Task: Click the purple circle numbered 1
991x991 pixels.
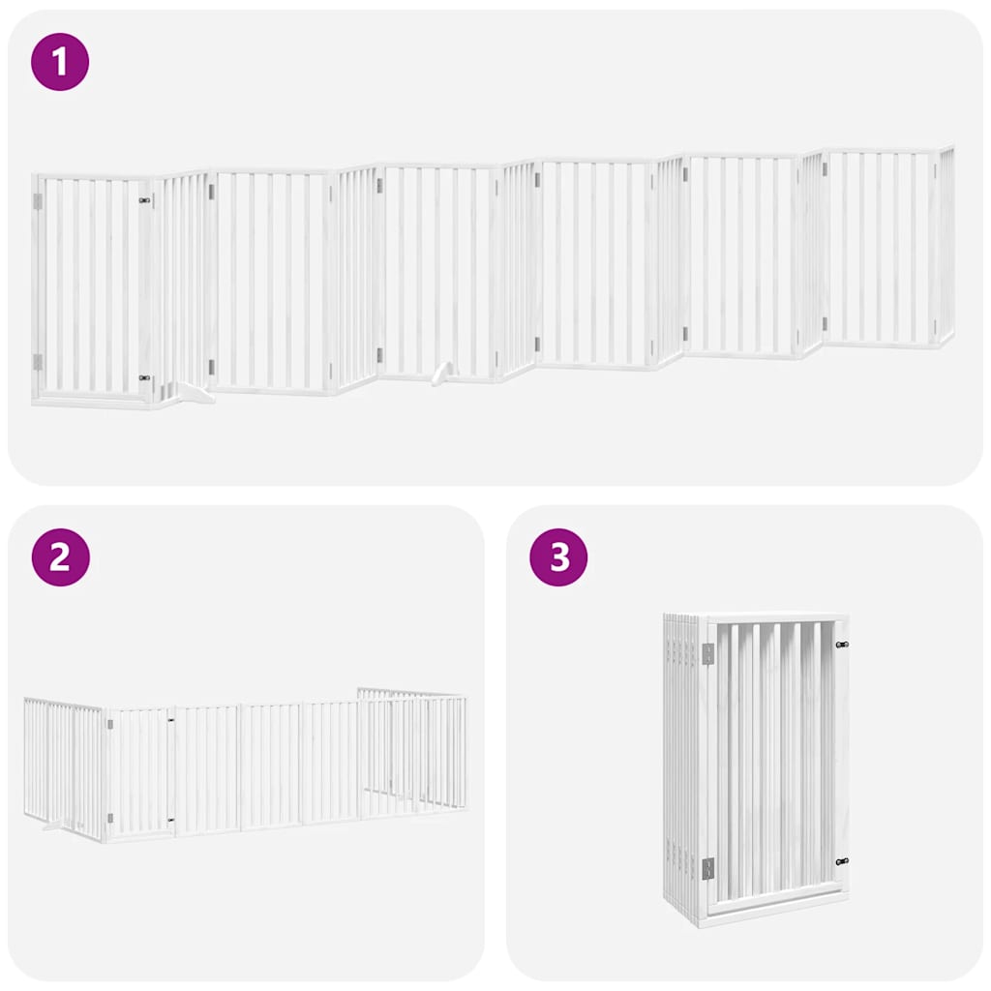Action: point(60,62)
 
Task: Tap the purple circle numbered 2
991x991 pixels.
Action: point(60,557)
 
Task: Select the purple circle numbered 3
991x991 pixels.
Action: point(559,557)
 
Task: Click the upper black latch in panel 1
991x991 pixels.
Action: point(145,200)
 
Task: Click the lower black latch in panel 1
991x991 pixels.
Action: point(145,378)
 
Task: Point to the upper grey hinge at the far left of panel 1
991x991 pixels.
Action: point(39,201)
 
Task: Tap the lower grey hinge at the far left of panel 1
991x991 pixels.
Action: point(39,362)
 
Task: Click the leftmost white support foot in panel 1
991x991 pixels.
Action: point(193,392)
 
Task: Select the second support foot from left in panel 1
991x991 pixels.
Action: point(441,372)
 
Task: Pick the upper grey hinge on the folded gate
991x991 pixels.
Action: point(708,655)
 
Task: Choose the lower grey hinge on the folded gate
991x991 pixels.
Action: point(708,868)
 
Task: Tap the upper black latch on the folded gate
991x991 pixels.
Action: point(841,645)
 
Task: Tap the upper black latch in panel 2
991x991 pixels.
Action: point(171,719)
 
